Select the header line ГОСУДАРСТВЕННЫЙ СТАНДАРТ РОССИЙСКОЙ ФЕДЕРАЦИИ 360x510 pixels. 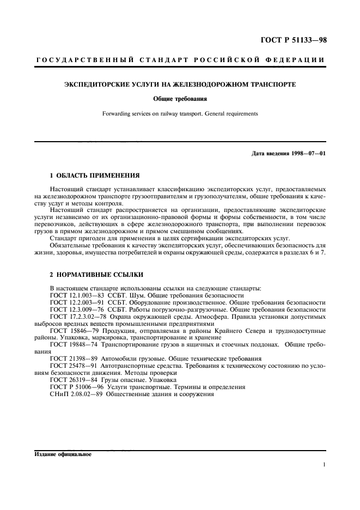tap(180, 59)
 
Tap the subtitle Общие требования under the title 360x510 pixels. tap(180, 99)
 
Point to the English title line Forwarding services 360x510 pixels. tap(180, 113)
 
